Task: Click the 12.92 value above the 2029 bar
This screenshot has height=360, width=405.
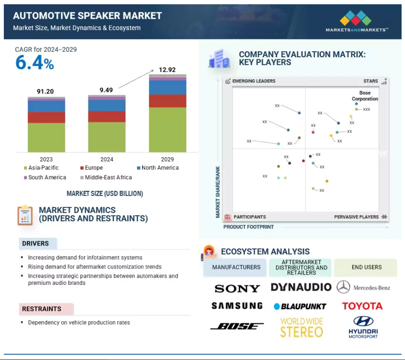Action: click(x=167, y=70)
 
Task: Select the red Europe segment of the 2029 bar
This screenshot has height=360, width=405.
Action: click(x=168, y=101)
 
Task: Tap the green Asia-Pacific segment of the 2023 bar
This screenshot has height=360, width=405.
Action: click(x=47, y=138)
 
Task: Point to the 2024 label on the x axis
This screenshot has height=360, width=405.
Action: click(x=107, y=159)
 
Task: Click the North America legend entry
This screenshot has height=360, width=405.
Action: click(x=157, y=168)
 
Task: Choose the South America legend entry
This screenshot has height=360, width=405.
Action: click(x=45, y=177)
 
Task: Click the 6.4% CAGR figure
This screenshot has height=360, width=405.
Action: click(x=35, y=62)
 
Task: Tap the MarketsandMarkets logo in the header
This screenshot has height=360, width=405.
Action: click(x=357, y=21)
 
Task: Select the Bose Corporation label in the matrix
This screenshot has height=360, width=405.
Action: click(x=365, y=96)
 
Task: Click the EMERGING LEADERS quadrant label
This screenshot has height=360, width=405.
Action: click(x=253, y=81)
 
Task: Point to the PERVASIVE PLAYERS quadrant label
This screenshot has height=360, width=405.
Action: click(x=356, y=217)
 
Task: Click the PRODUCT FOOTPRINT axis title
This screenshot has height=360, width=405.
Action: click(x=248, y=227)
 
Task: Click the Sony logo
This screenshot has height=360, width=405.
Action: click(x=237, y=288)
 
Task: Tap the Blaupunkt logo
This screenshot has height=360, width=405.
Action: click(x=300, y=307)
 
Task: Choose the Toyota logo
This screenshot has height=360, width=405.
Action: click(x=362, y=306)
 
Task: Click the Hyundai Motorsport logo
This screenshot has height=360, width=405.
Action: click(x=363, y=327)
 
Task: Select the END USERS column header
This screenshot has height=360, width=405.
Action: click(x=366, y=267)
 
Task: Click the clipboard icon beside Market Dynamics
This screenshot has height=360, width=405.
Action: click(x=25, y=215)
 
